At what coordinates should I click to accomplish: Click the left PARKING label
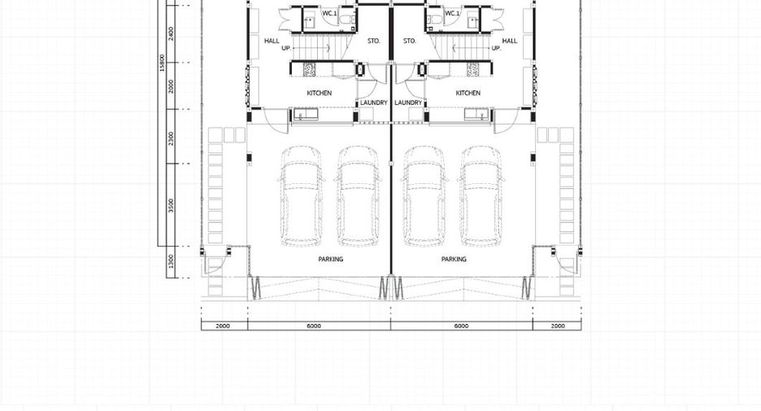[x=331, y=260]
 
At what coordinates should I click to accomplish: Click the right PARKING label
[x=454, y=260]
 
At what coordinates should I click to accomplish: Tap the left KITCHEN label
[x=320, y=93]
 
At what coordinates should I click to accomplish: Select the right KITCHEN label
[x=468, y=93]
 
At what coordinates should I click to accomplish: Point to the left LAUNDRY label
[x=374, y=103]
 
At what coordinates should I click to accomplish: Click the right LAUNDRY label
[x=408, y=103]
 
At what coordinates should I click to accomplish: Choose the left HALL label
[x=272, y=41]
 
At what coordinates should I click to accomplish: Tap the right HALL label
[x=510, y=41]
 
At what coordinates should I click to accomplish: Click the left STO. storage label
[x=374, y=42]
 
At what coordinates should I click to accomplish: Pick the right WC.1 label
[x=452, y=14]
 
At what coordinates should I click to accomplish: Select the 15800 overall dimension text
[x=162, y=63]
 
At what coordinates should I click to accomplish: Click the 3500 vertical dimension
[x=171, y=205]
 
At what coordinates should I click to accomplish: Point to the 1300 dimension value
[x=171, y=262]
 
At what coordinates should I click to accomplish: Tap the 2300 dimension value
[x=171, y=138]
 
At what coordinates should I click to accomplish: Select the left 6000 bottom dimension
[x=314, y=326]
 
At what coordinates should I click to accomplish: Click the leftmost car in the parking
[x=301, y=196]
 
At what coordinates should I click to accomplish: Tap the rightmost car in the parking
[x=481, y=196]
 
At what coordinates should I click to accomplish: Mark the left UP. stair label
[x=286, y=48]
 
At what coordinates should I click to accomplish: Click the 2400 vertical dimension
[x=171, y=33]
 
